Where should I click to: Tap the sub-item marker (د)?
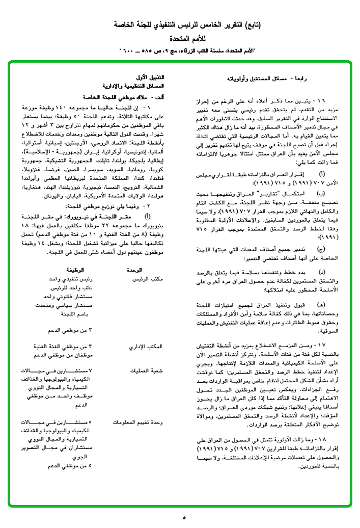click(x=321, y=274)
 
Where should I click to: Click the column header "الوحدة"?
click(x=147, y=270)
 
